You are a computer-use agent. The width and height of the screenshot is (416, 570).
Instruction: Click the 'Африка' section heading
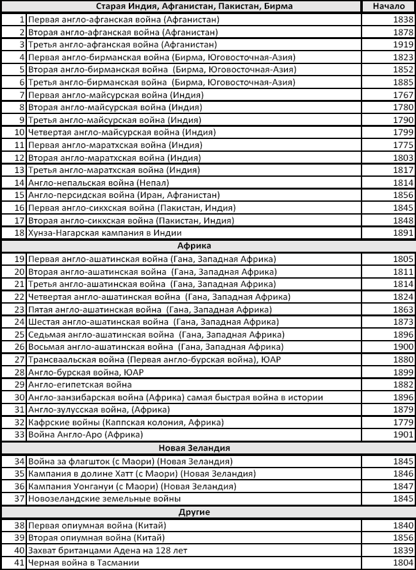[x=194, y=246]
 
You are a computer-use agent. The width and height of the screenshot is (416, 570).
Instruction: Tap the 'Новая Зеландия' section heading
[x=194, y=448]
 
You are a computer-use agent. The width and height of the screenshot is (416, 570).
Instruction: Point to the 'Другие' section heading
[x=194, y=512]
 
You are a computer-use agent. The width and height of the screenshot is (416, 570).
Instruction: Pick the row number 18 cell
[x=19, y=232]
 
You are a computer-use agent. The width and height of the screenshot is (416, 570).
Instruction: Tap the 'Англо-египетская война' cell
[x=80, y=384]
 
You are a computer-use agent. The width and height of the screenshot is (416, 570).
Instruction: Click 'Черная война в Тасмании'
[x=83, y=562]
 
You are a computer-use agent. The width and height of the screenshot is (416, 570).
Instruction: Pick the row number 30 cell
[x=19, y=397]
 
